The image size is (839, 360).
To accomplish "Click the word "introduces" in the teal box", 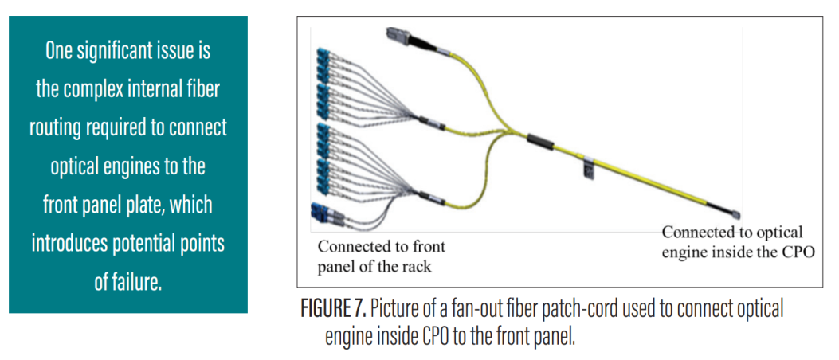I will [70, 243].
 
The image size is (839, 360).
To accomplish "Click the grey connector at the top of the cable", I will [395, 37].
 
